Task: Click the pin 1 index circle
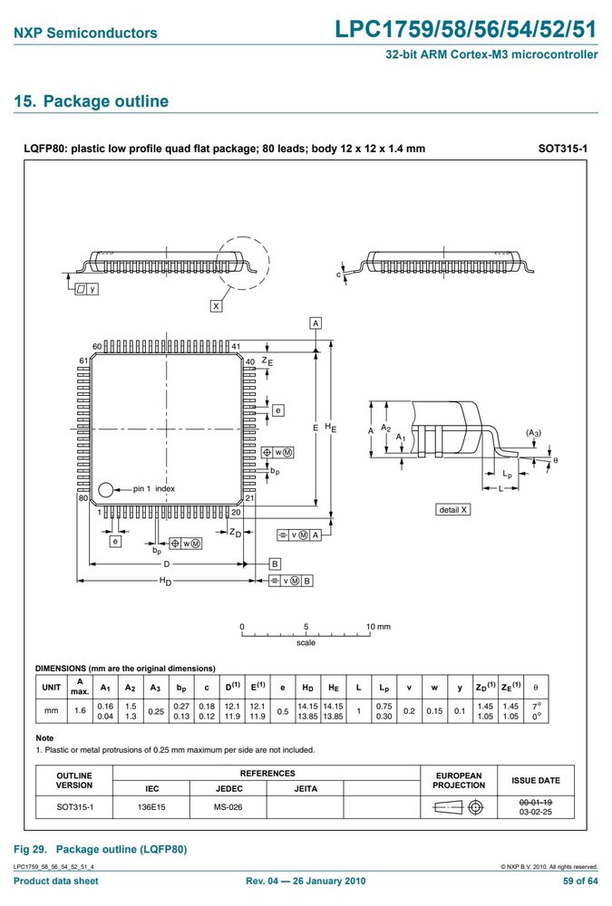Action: [x=106, y=490]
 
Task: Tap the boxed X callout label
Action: [x=216, y=305]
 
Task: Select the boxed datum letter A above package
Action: [x=316, y=323]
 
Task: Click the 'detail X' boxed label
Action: [x=453, y=509]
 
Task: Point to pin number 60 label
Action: [x=97, y=347]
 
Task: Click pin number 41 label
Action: [x=236, y=347]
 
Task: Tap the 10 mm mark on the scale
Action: [x=378, y=626]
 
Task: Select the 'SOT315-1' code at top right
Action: [x=563, y=149]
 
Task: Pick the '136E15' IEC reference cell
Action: [x=151, y=806]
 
